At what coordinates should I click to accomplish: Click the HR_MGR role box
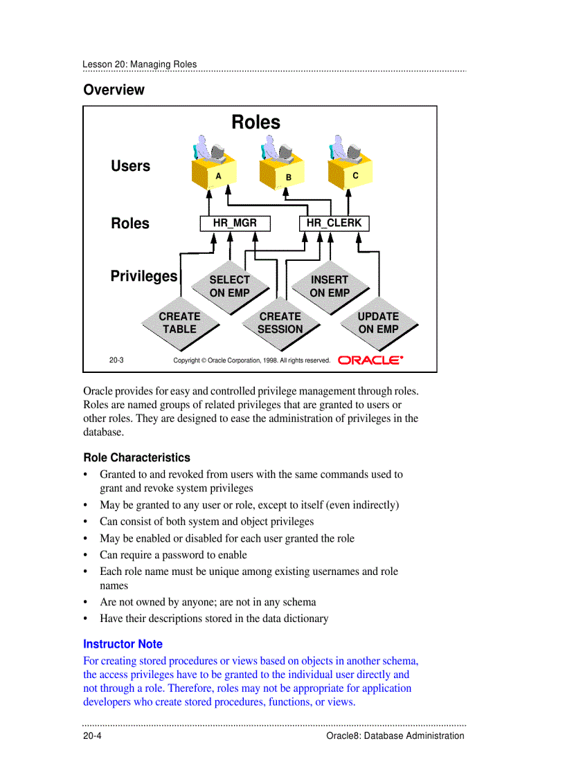coord(235,223)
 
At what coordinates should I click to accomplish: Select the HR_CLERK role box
coord(334,223)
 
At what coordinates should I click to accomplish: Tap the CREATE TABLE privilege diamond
coord(179,323)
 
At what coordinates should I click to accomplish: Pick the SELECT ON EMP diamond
coord(229,286)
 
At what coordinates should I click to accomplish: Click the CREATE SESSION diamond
coord(280,323)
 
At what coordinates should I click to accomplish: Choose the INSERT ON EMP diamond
coord(330,286)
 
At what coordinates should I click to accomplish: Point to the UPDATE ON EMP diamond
coord(378,323)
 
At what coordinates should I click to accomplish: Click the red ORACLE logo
coord(370,360)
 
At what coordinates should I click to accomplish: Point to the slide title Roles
coord(255,122)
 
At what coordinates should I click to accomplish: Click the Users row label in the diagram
coord(130,166)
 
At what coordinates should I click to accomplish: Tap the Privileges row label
coord(144,276)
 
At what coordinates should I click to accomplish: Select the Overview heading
coord(114,90)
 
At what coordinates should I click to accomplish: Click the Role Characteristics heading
coord(136,457)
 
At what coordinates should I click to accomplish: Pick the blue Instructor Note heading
coord(123,643)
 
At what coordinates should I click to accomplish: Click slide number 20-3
coord(116,360)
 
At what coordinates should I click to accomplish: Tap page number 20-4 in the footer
coord(93,735)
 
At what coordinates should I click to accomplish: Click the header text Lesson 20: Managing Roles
coord(139,64)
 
